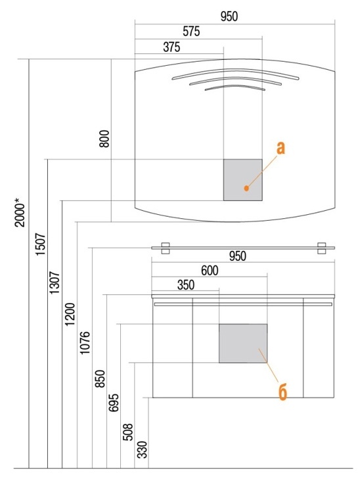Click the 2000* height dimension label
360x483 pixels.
[20, 212]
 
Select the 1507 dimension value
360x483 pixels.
[41, 244]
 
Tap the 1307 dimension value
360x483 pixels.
[55, 283]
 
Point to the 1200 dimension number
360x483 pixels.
[70, 314]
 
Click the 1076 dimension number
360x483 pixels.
[85, 342]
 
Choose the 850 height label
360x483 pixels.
[100, 379]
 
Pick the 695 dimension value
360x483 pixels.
[114, 402]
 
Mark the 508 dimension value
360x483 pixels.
[128, 432]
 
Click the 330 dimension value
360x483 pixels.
[142, 449]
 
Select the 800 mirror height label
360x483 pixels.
[104, 139]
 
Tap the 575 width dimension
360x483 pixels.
[191, 32]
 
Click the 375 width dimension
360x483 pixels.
[171, 47]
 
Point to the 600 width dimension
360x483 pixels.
[210, 271]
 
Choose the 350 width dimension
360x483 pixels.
[186, 285]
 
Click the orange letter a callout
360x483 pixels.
[281, 148]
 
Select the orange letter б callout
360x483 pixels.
[282, 392]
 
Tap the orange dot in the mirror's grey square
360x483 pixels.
[246, 188]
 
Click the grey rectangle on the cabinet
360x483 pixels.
[243, 343]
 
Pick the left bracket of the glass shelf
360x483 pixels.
[166, 248]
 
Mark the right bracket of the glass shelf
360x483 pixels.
[322, 248]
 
